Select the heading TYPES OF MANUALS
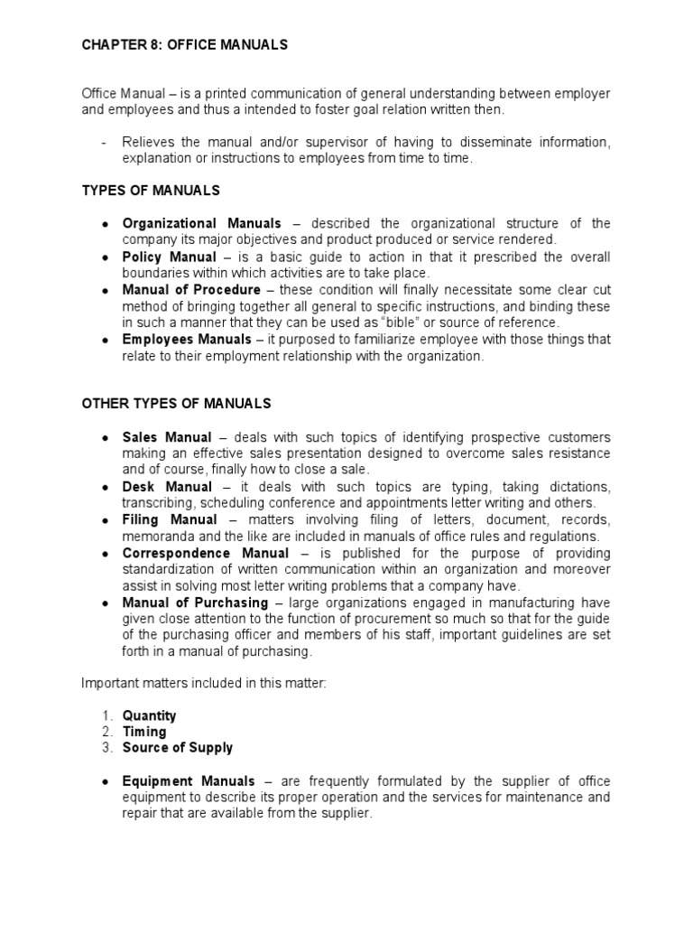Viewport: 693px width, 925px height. click(151, 191)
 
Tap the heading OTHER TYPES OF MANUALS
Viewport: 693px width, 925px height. click(176, 403)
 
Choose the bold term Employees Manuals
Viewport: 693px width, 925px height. click(187, 340)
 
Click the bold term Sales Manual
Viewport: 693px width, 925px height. click(167, 437)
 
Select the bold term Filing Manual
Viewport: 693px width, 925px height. click(170, 519)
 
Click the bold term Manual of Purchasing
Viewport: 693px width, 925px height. click(195, 603)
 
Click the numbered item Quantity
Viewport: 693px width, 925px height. click(150, 715)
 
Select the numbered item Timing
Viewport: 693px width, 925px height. click(144, 732)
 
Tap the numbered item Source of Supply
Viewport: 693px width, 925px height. click(178, 748)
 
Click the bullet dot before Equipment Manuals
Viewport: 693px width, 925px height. click(106, 781)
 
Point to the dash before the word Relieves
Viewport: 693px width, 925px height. click(106, 141)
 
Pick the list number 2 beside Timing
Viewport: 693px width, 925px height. click(106, 732)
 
